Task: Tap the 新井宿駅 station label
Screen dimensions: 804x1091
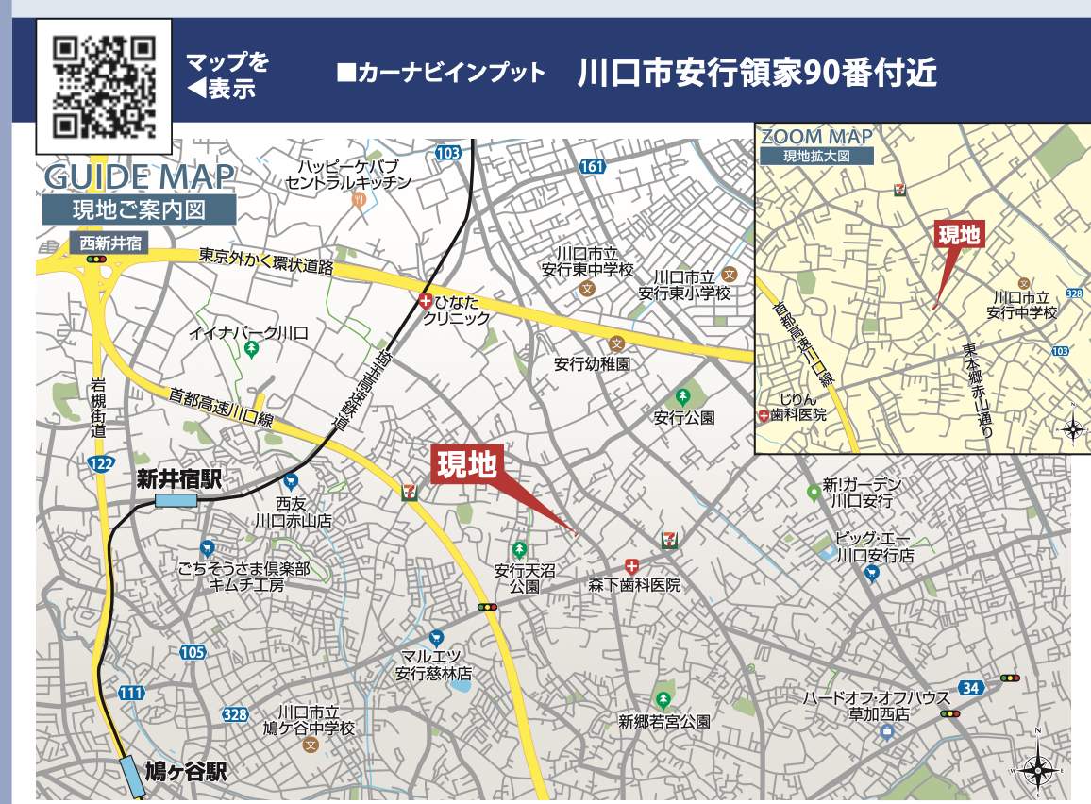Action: point(178,478)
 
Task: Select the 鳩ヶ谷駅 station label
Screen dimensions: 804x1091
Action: point(186,773)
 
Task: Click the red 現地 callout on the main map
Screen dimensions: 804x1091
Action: point(465,465)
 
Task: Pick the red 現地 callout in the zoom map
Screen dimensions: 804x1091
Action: point(958,234)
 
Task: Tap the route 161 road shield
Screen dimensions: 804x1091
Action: point(592,167)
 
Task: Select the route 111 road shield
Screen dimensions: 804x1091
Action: point(132,694)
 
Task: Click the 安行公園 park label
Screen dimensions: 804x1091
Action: point(684,417)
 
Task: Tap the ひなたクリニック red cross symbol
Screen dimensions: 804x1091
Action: point(426,302)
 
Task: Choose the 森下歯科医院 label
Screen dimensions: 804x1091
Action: point(634,585)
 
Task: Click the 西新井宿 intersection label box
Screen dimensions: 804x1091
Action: point(109,243)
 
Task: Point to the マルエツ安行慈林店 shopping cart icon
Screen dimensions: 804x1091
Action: point(435,638)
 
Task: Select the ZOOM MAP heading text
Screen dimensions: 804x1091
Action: point(816,137)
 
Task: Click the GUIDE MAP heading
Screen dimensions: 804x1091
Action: point(139,176)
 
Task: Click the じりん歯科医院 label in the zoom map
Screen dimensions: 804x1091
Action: point(797,407)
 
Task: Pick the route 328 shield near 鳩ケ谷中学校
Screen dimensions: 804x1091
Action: point(235,714)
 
